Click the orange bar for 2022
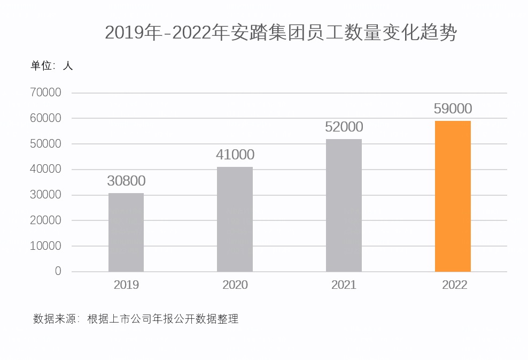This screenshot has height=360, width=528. click(453, 196)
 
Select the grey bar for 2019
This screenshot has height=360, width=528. click(126, 232)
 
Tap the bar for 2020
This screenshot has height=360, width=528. click(235, 219)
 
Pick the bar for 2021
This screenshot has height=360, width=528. click(344, 205)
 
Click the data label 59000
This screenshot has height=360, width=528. click(453, 109)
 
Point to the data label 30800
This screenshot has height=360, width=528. click(126, 181)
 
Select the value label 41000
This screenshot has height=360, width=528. click(235, 155)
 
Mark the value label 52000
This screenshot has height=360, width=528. click(344, 127)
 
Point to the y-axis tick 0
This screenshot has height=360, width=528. click(58, 271)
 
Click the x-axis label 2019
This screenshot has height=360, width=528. click(126, 285)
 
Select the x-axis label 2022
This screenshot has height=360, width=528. click(454, 285)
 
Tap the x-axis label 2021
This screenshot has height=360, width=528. click(344, 285)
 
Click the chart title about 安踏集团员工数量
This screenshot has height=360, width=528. click(281, 33)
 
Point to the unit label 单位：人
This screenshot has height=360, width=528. click(51, 66)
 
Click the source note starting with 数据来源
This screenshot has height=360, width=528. click(136, 319)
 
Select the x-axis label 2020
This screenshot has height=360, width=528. click(235, 285)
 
